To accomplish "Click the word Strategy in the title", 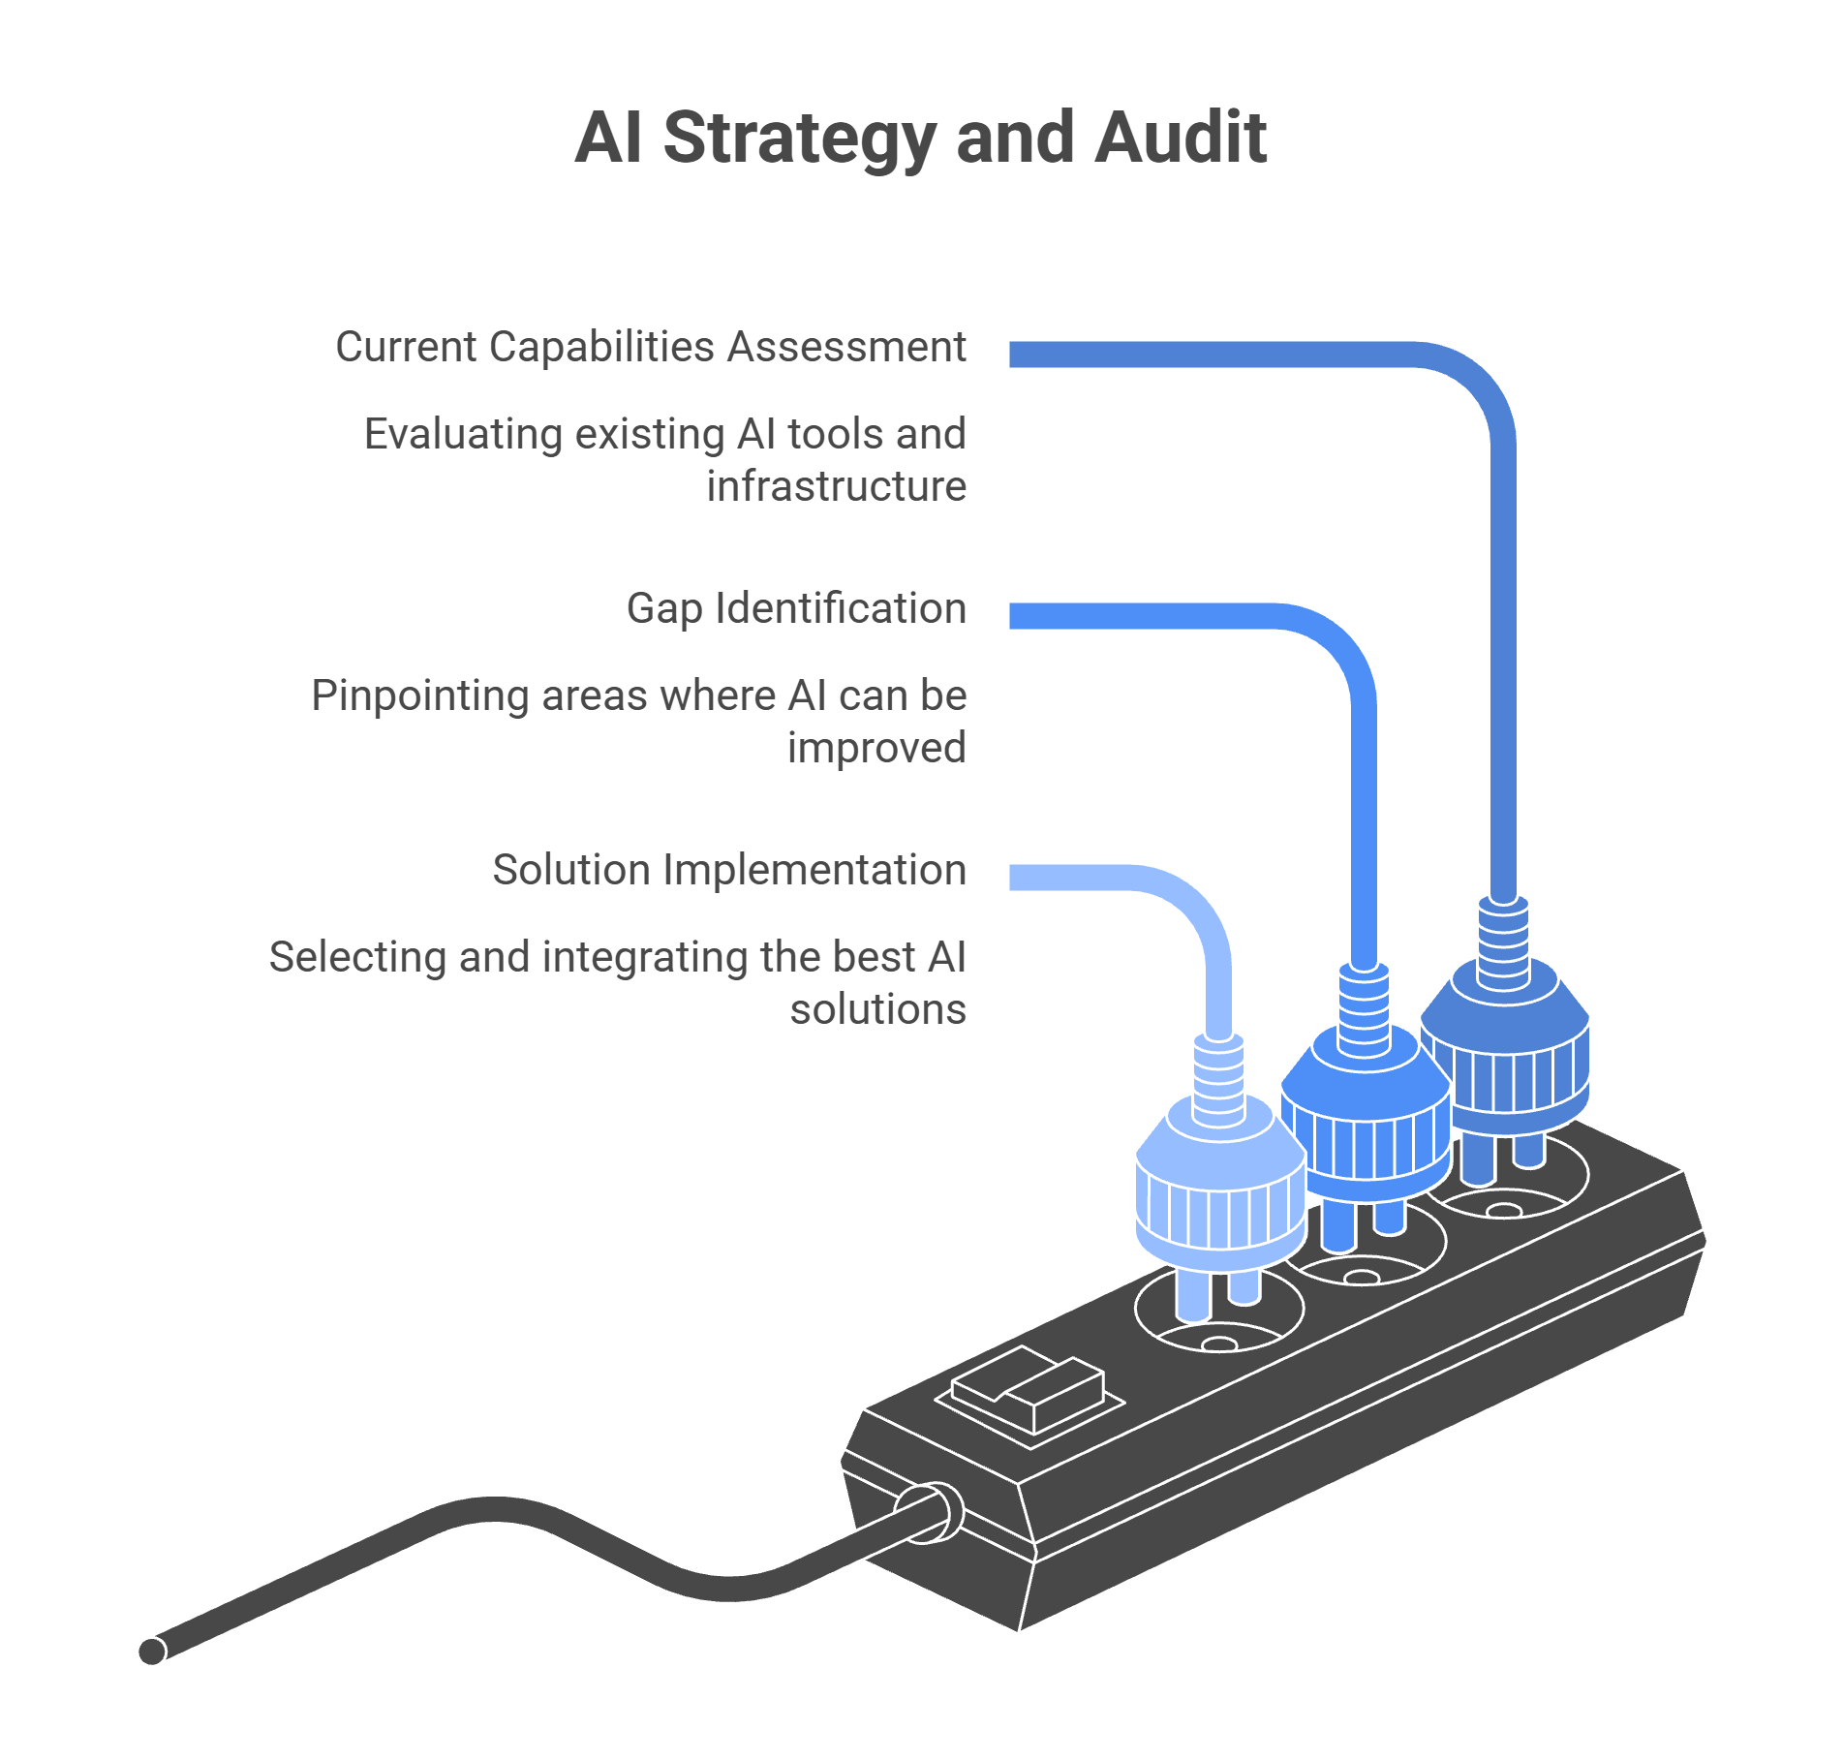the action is tap(800, 139).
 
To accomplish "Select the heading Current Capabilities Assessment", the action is tap(651, 347).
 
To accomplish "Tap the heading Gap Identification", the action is tap(796, 609).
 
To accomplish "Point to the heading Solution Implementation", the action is tap(729, 870).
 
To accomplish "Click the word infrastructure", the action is tap(837, 486).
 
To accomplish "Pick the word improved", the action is tap(877, 748).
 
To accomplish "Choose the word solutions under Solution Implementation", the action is tap(878, 1009).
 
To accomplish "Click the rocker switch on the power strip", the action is tap(1029, 1393).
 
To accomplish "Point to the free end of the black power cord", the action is tap(153, 1651).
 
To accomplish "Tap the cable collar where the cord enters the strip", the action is tap(930, 1513).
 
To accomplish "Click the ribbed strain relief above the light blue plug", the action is tap(1218, 1079).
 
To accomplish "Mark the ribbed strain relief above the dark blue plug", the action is tap(1504, 942).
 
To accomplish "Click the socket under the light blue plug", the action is tap(1220, 1313).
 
